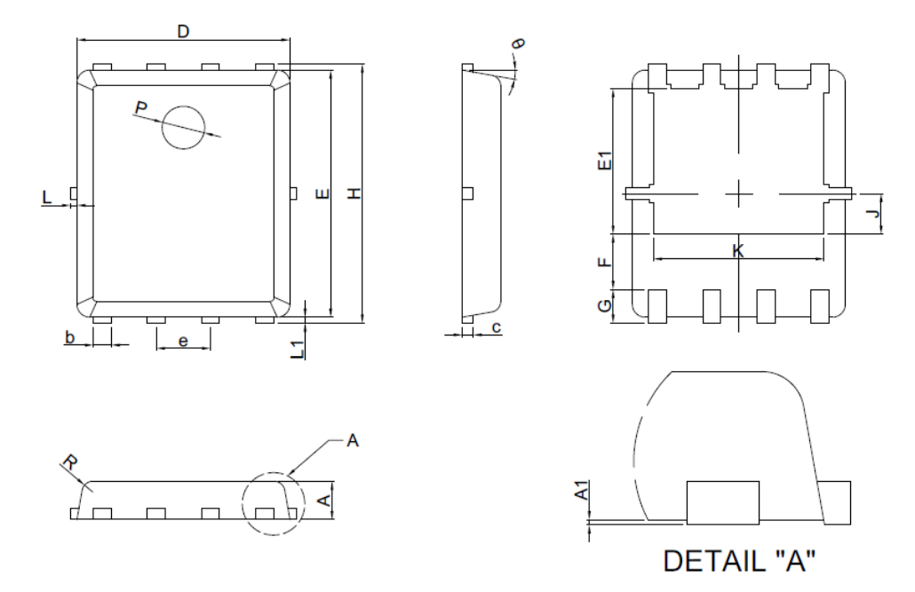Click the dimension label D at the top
tap(183, 32)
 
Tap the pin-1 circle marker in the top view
tap(183, 127)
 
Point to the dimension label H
tap(354, 193)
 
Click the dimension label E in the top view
tap(322, 193)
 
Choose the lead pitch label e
tap(183, 341)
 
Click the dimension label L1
tap(299, 349)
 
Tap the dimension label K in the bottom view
tap(737, 251)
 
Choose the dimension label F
tap(602, 263)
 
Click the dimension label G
tap(602, 306)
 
